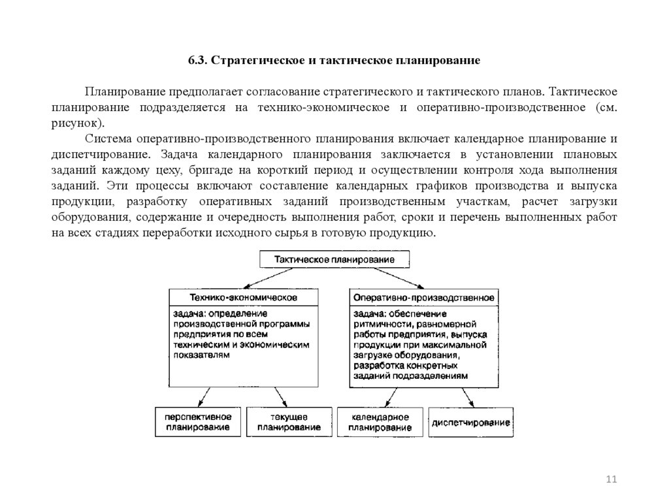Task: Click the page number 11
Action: click(612, 480)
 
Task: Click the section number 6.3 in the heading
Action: click(197, 61)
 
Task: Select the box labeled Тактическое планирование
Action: click(335, 259)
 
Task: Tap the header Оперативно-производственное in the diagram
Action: click(423, 297)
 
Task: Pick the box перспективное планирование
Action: click(198, 422)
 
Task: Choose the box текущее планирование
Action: click(289, 422)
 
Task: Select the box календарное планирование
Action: click(380, 422)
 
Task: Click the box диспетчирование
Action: click(470, 423)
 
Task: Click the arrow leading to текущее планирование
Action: click(280, 397)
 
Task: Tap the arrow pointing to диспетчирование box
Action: click(466, 397)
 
